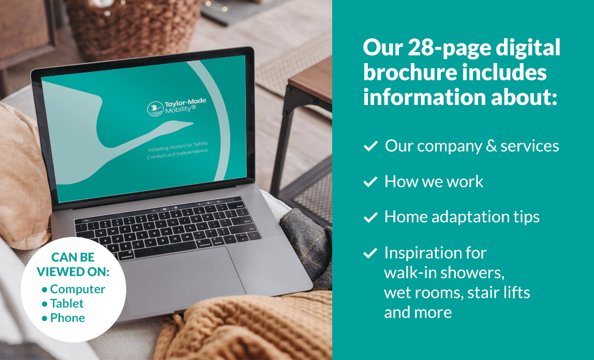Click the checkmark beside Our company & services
(x=370, y=147)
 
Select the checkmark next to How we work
(x=370, y=182)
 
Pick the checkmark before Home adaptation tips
(x=370, y=218)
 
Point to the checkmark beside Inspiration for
(x=370, y=253)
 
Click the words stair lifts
(x=499, y=293)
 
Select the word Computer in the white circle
(x=78, y=289)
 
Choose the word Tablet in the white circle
(x=67, y=304)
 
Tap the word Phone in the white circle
(x=67, y=318)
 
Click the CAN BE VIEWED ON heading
(x=73, y=264)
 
